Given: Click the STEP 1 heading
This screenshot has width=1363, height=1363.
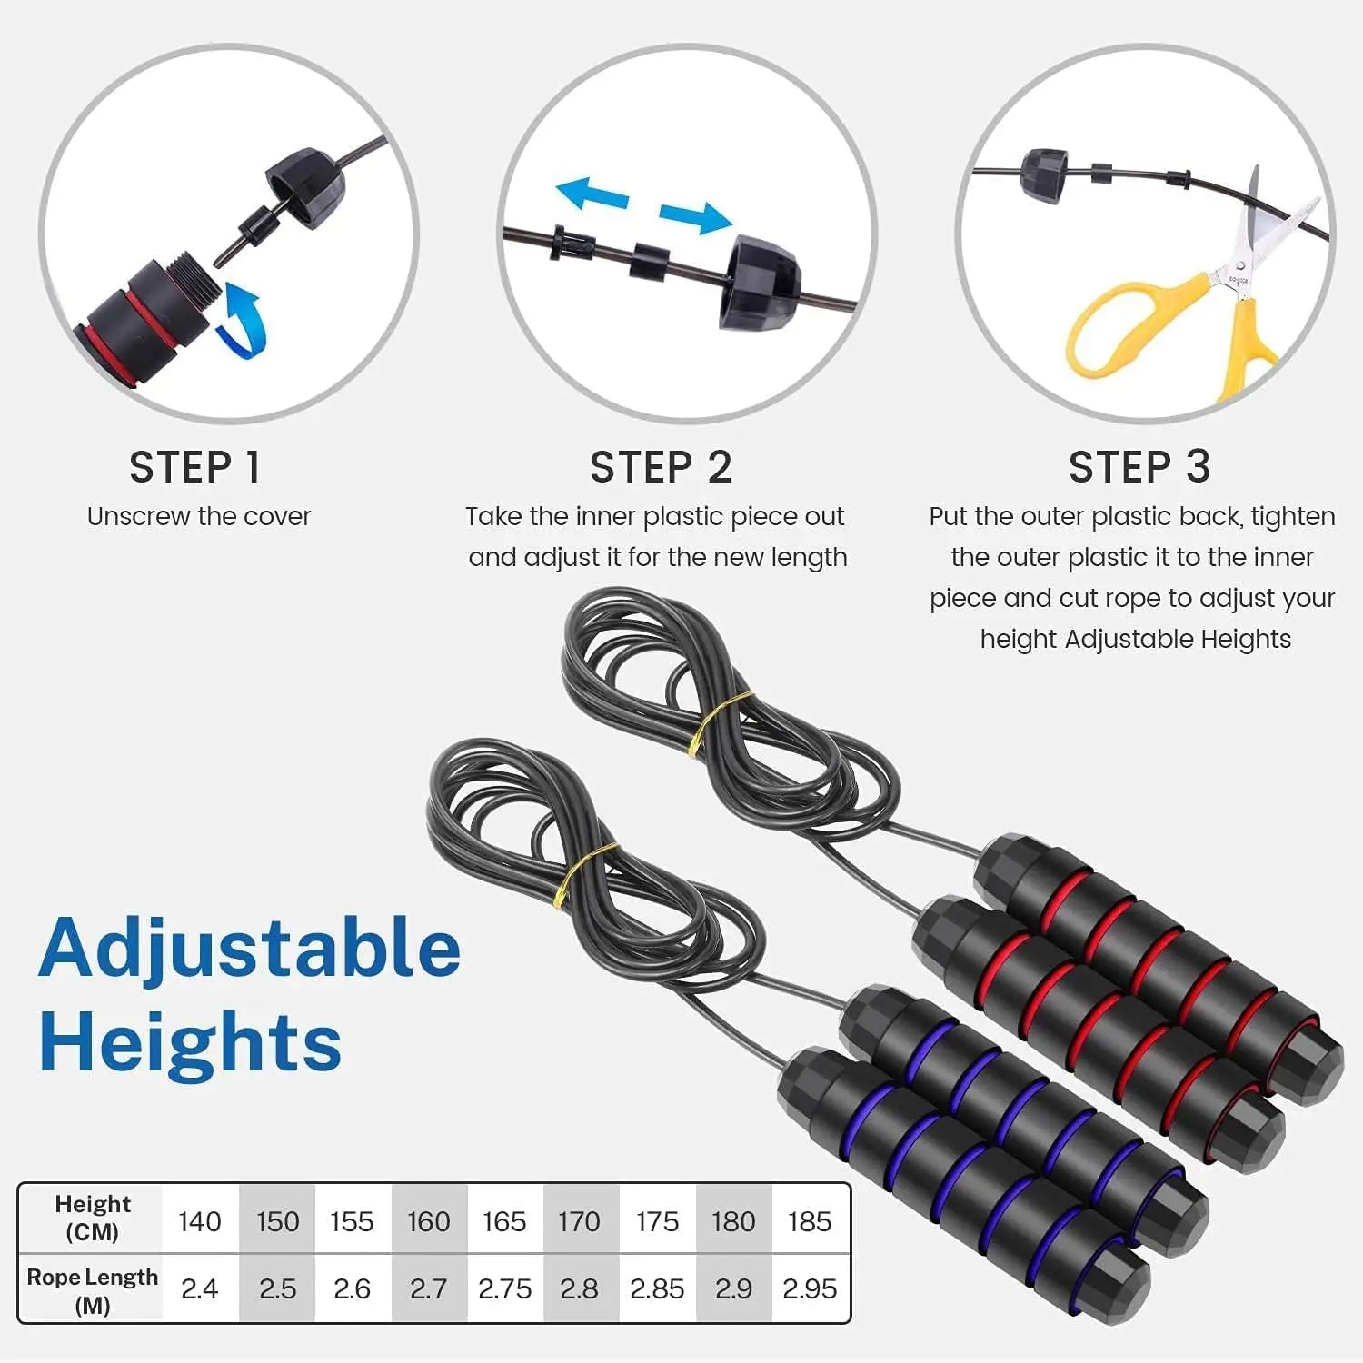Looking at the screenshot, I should pyautogui.click(x=195, y=468).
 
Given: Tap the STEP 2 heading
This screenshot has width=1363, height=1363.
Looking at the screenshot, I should pyautogui.click(x=661, y=468).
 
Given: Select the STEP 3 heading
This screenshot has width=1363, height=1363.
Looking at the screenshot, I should pyautogui.click(x=1139, y=468).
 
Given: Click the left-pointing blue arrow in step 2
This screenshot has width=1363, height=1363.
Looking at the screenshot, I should pyautogui.click(x=592, y=194).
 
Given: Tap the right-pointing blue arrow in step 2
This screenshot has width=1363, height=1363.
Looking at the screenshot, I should pyautogui.click(x=695, y=217).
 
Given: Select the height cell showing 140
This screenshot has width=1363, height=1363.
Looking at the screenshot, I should pyautogui.click(x=200, y=1221).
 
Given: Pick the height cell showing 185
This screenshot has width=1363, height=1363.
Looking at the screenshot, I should pyautogui.click(x=810, y=1221).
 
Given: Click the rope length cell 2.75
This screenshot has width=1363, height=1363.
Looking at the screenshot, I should pyautogui.click(x=504, y=1288).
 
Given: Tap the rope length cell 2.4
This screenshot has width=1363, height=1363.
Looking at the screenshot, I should pyautogui.click(x=200, y=1288).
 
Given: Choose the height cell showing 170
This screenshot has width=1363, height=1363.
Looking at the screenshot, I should pyautogui.click(x=580, y=1221).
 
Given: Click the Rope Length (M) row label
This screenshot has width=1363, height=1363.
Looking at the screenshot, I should pyautogui.click(x=92, y=1290).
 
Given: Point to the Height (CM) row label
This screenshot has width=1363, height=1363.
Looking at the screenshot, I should pyautogui.click(x=92, y=1218).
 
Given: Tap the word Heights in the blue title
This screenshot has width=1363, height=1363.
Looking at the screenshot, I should pyautogui.click(x=191, y=1043).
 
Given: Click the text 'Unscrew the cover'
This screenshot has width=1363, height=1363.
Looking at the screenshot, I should pyautogui.click(x=199, y=517).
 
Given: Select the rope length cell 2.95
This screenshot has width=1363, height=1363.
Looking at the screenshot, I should pyautogui.click(x=810, y=1288).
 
